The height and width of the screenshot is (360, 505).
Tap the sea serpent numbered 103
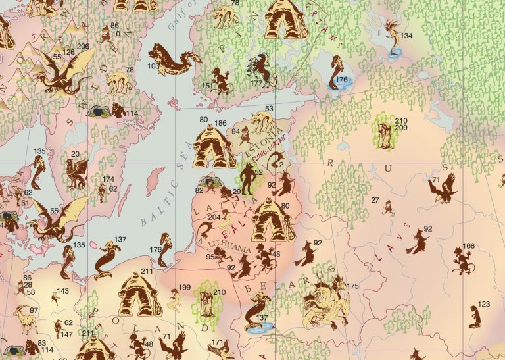click(x=174, y=61)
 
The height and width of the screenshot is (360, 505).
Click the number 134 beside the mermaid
click(x=406, y=36)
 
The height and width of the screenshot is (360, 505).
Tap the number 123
click(x=484, y=304)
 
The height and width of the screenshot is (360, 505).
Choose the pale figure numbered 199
click(x=175, y=300)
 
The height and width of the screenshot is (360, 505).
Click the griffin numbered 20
click(x=76, y=173)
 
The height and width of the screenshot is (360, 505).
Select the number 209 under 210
click(x=401, y=128)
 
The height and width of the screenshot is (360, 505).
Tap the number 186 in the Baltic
click(x=221, y=123)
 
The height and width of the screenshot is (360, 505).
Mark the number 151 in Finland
click(x=206, y=86)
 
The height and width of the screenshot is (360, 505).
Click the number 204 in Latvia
click(x=214, y=217)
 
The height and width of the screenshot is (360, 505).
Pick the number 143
click(x=62, y=291)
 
